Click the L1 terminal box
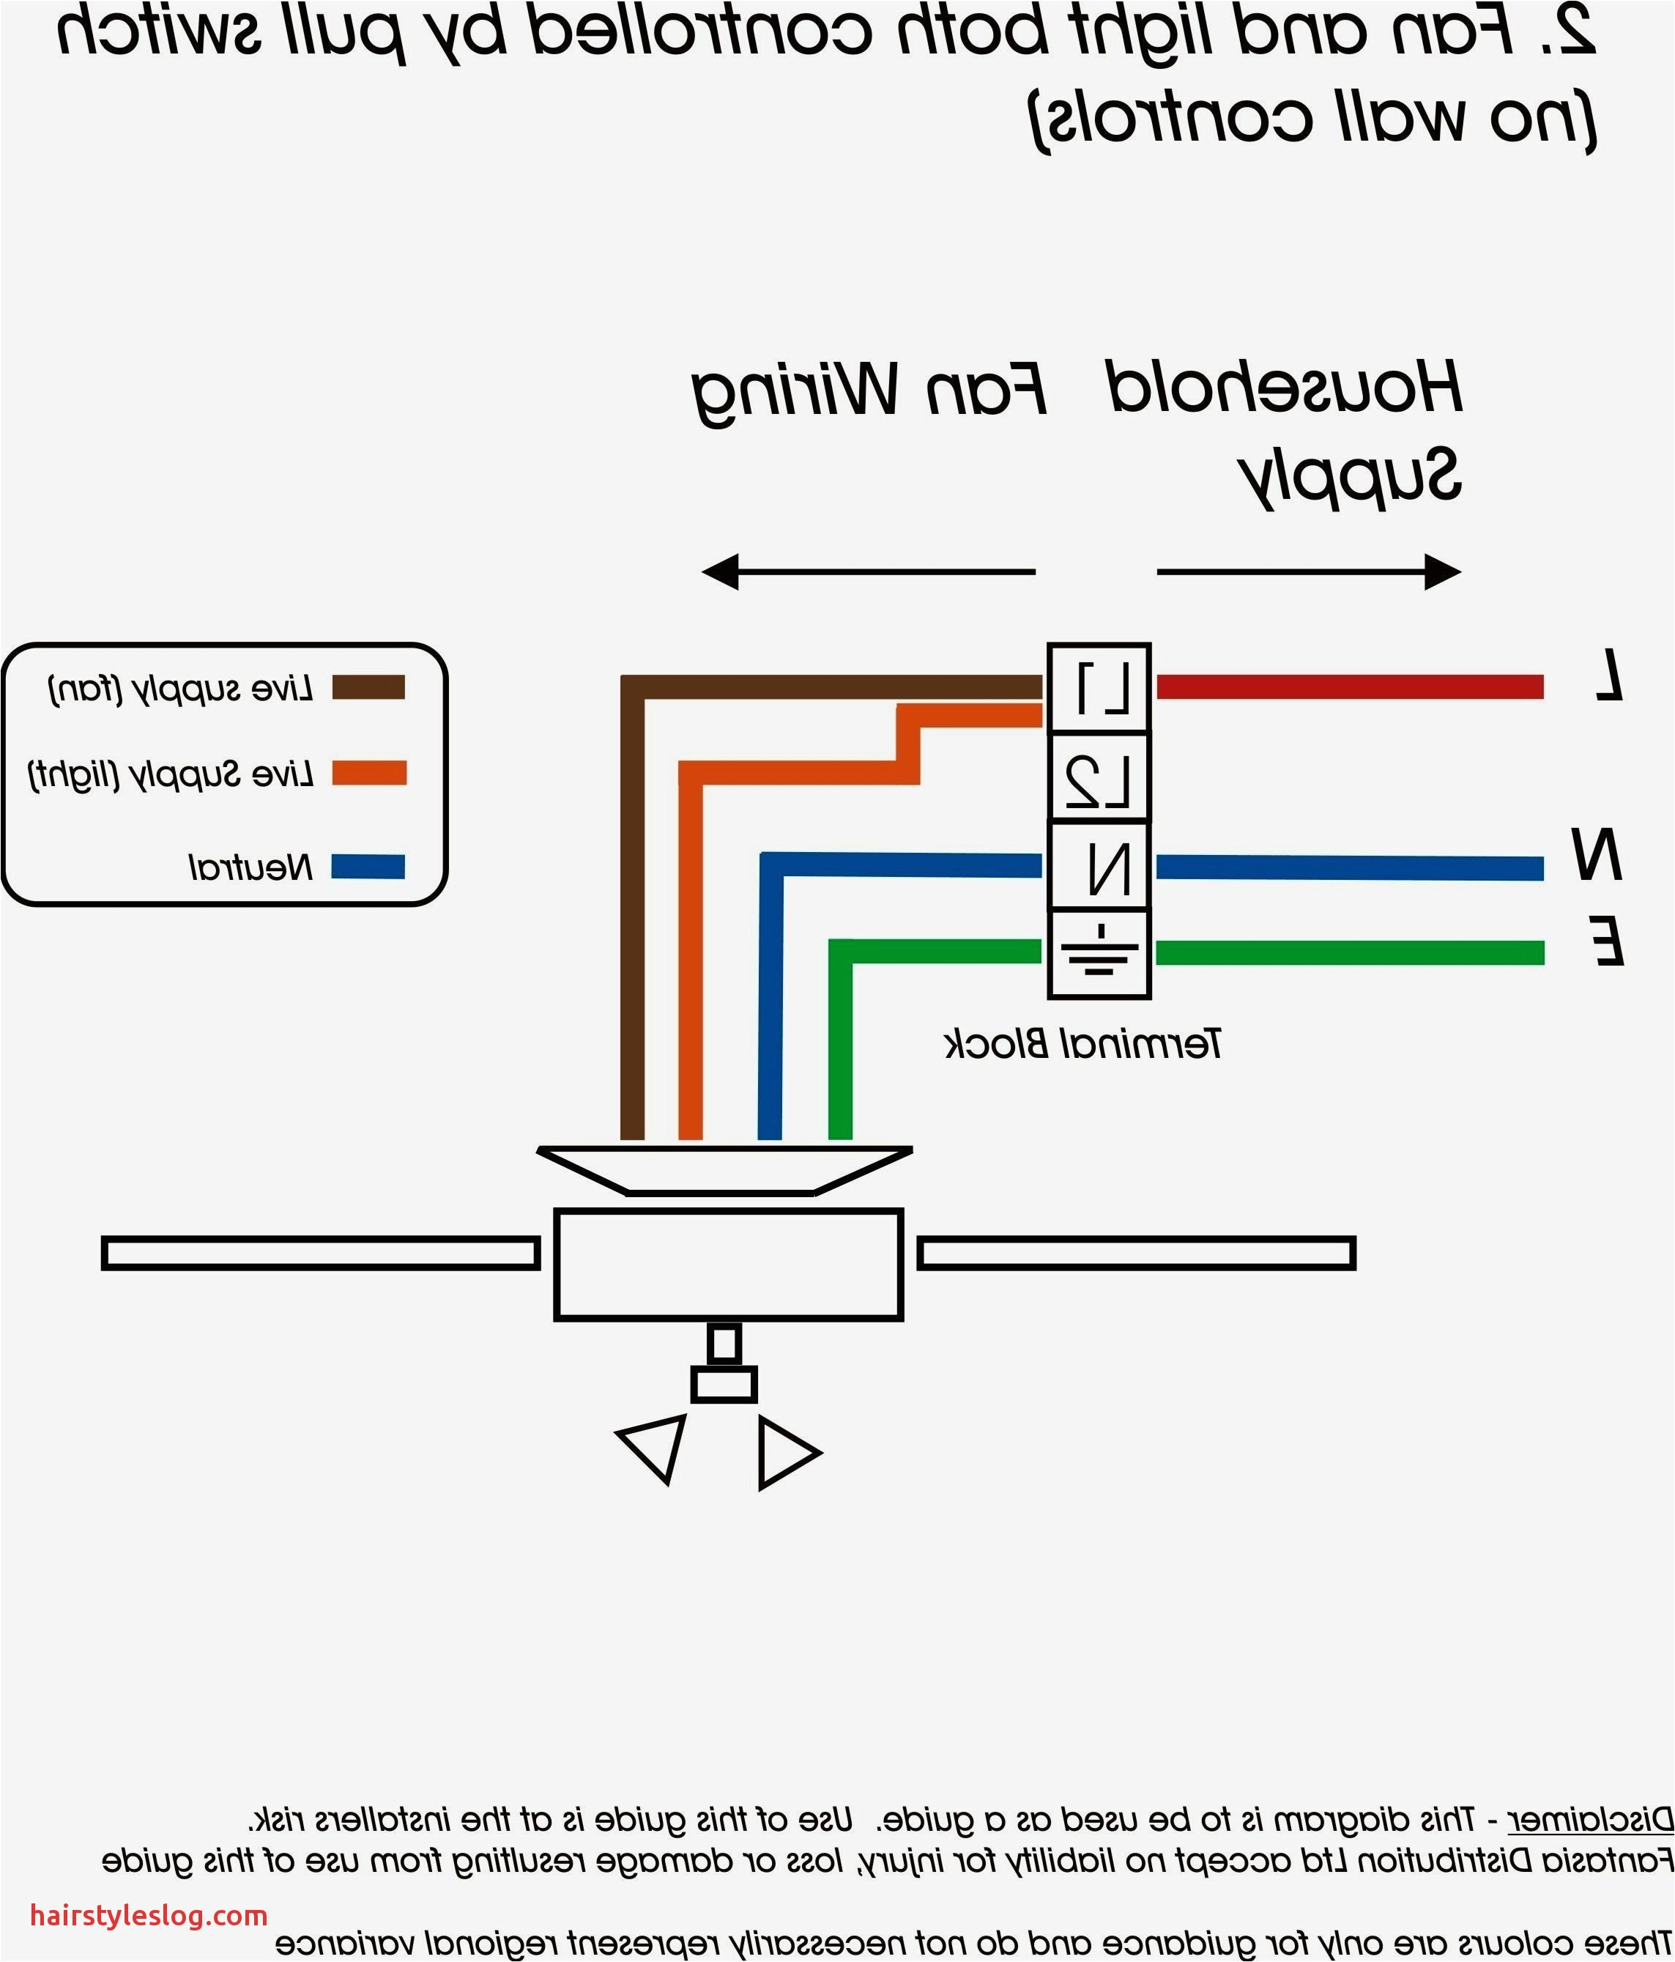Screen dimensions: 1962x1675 click(x=1099, y=689)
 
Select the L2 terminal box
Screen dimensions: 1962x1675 click(x=1099, y=777)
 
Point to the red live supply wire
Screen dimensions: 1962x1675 click(x=1349, y=686)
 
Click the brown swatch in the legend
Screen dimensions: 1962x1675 click(x=368, y=687)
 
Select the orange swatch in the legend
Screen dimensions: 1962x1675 click(x=368, y=774)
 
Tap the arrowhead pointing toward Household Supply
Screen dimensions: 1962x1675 click(x=1442, y=572)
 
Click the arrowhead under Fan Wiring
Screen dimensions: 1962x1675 click(x=721, y=572)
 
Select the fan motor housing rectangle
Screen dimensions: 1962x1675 click(x=728, y=1264)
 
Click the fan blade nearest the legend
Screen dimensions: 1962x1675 click(x=320, y=1253)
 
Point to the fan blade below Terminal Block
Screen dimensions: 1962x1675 click(x=1136, y=1253)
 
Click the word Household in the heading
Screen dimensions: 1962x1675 click(x=1284, y=388)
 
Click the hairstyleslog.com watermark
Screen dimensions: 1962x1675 click(x=149, y=1916)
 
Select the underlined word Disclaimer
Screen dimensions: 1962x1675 click(x=1590, y=1819)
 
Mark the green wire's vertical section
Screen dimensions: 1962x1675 click(x=840, y=1042)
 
